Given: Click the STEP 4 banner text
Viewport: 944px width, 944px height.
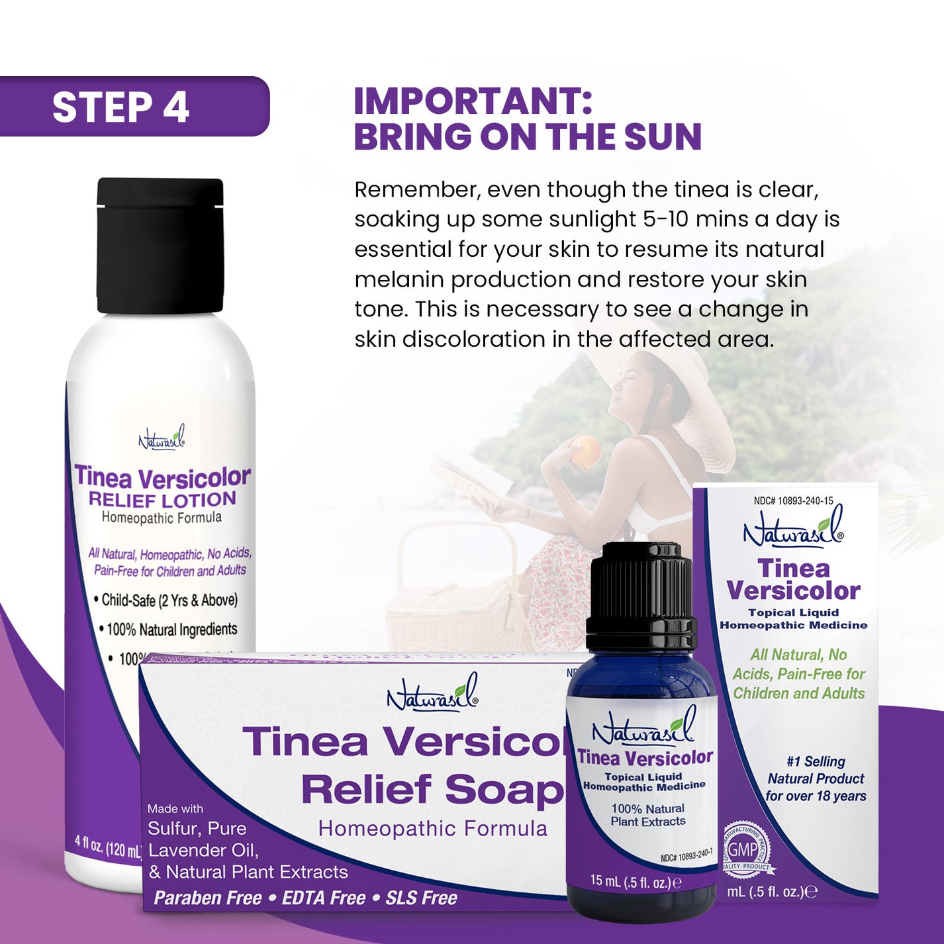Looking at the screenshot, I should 121,107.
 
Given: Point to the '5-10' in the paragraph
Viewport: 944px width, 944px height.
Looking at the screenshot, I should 665,219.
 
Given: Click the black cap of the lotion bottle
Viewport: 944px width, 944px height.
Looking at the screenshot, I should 160,245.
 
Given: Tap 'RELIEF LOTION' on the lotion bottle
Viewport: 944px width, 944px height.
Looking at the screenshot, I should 162,500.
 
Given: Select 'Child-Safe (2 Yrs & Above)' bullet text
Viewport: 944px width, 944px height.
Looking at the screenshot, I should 169,600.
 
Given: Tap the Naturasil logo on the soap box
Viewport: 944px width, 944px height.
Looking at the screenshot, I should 432,694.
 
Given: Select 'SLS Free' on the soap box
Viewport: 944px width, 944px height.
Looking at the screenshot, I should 421,898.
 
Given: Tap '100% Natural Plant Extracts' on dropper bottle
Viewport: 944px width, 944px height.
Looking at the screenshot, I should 647,815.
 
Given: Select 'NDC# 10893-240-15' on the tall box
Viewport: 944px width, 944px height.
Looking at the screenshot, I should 793,501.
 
